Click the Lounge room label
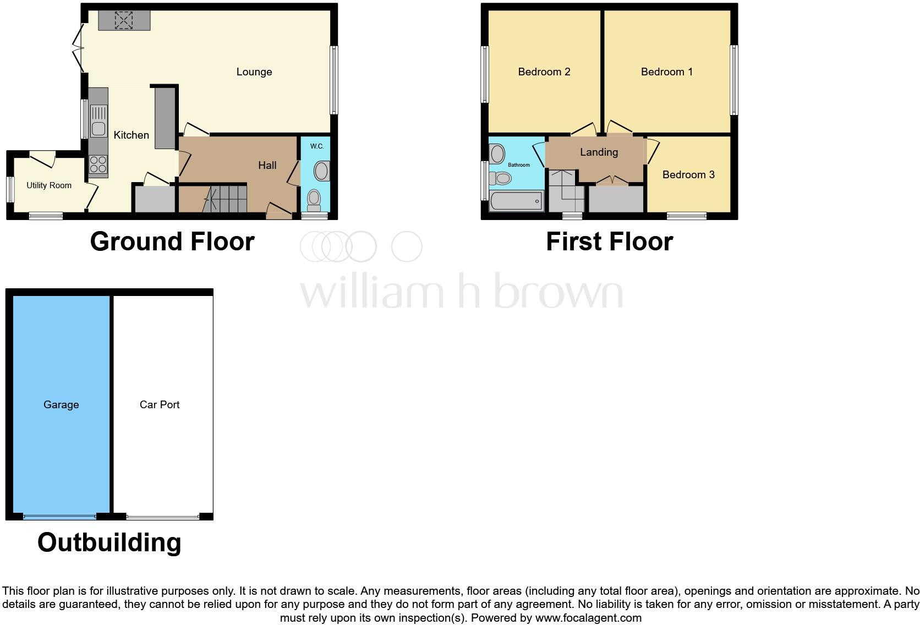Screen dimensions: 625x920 [x=254, y=72]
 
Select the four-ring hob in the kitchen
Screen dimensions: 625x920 [x=98, y=165]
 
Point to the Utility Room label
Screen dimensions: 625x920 [x=49, y=185]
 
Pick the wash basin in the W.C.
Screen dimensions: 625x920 [x=322, y=171]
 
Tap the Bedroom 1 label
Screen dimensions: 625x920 [x=666, y=72]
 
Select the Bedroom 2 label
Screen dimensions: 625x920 [x=544, y=72]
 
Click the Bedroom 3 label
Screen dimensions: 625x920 [x=688, y=174]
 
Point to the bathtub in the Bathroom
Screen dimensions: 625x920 [x=516, y=201]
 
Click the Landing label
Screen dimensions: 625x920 [x=599, y=152]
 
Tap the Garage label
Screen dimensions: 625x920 [x=61, y=404]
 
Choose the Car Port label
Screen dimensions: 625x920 [x=160, y=404]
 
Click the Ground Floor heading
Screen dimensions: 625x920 [x=172, y=242]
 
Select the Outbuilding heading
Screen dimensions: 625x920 [x=109, y=542]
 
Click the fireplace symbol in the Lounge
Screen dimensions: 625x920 [x=124, y=20]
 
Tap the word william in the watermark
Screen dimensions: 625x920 [x=371, y=292]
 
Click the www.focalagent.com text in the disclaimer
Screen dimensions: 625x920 [x=588, y=618]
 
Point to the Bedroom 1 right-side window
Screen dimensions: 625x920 [x=733, y=80]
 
